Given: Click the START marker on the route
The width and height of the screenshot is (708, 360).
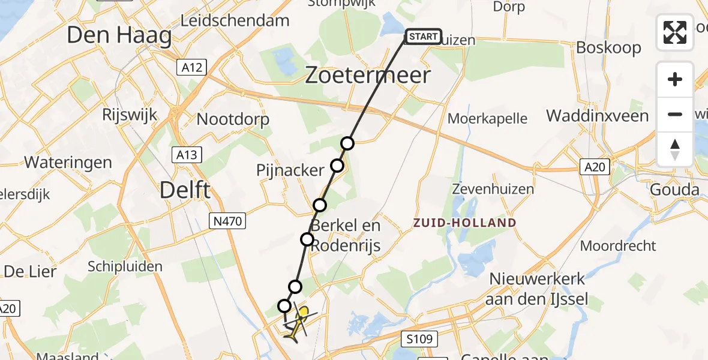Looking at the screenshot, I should (423, 37).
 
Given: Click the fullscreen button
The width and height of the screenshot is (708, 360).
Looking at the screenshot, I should (675, 32).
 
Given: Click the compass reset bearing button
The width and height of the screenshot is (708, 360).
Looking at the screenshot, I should (675, 149).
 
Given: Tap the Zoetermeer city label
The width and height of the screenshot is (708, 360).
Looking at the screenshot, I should (368, 76).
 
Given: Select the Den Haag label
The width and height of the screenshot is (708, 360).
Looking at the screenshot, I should (119, 35).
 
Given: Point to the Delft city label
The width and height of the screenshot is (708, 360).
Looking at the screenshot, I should (185, 190).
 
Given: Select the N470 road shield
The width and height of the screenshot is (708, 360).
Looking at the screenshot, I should (227, 221).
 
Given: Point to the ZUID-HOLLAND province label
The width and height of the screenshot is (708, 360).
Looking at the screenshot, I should (464, 223).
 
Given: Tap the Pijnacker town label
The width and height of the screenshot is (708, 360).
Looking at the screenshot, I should (290, 170).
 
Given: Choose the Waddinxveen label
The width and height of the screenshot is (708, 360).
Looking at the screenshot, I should (598, 115).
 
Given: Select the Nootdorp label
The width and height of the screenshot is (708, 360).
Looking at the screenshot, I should (233, 119).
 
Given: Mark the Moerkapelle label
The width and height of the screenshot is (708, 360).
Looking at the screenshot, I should (487, 118).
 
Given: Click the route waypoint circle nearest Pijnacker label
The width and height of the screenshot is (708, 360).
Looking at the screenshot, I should (337, 166).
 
